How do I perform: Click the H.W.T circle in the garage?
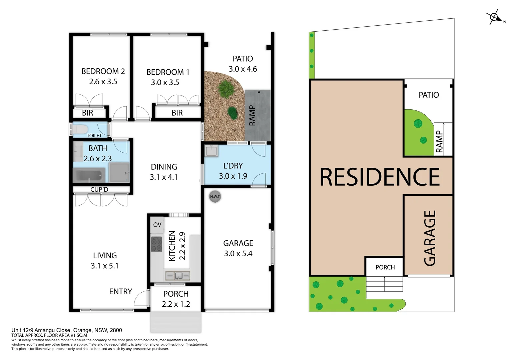(215, 196)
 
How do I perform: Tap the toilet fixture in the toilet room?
(80, 128)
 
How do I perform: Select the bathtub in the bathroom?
(89, 175)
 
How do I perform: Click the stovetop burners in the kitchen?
(156, 244)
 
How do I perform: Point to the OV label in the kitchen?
(157, 225)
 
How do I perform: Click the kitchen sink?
(178, 275)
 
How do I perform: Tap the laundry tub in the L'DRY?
(211, 151)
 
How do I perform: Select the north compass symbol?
(493, 17)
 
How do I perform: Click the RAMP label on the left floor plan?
(252, 115)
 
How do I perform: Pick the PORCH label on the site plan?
(385, 267)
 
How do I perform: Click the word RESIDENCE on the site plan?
(380, 177)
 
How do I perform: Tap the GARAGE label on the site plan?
(430, 238)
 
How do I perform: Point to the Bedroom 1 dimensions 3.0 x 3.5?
(165, 82)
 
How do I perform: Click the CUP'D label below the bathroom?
(99, 189)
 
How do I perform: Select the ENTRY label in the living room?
(120, 291)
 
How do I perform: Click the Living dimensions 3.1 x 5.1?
(104, 266)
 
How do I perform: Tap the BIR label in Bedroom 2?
(87, 113)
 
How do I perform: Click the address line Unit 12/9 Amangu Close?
(67, 330)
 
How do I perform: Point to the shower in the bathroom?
(119, 173)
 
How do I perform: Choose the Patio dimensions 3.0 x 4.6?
(242, 69)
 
